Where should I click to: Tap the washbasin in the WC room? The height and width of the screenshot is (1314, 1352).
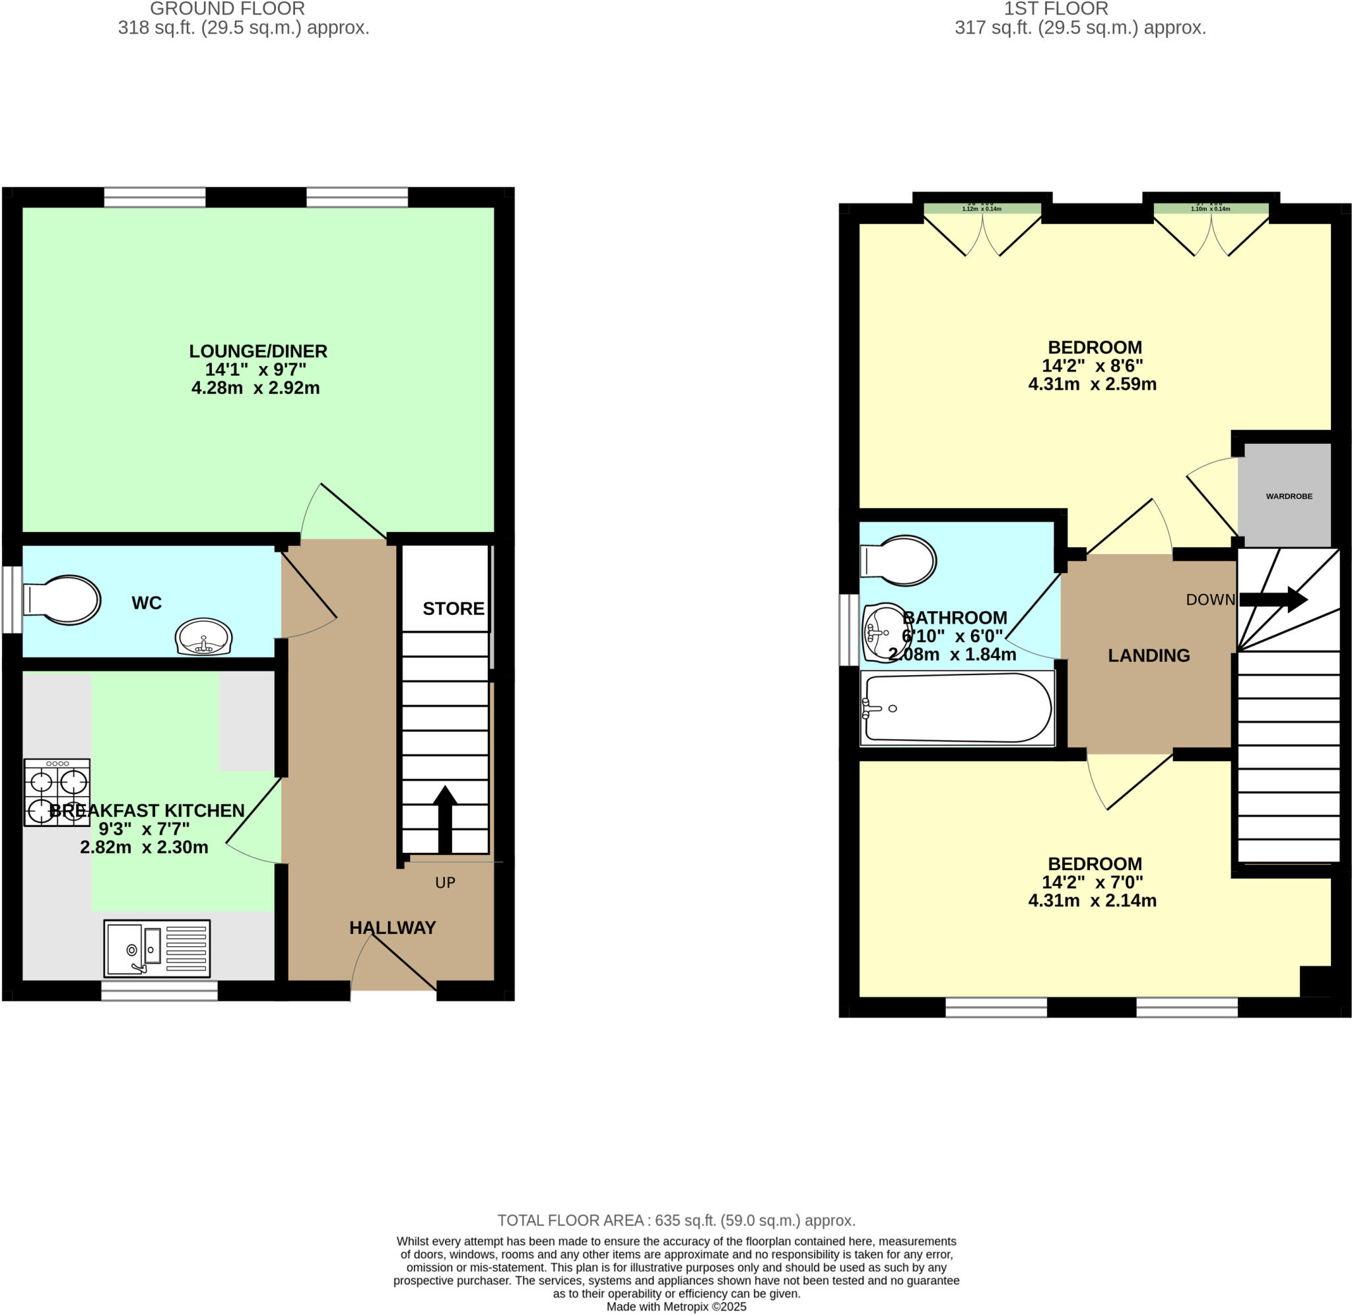pyautogui.click(x=203, y=636)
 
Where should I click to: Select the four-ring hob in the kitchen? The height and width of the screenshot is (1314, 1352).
pyautogui.click(x=57, y=792)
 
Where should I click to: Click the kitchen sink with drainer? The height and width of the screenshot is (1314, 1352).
pyautogui.click(x=156, y=949)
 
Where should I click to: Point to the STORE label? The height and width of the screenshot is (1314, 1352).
pyautogui.click(x=453, y=608)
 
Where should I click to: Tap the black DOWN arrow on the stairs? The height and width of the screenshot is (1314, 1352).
pyautogui.click(x=1273, y=599)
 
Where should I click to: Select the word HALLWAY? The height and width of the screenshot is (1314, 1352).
pyautogui.click(x=393, y=928)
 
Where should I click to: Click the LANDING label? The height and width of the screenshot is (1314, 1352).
pyautogui.click(x=1149, y=655)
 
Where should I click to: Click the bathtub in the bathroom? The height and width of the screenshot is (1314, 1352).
pyautogui.click(x=957, y=708)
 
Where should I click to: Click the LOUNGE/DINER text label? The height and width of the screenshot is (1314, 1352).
pyautogui.click(x=258, y=351)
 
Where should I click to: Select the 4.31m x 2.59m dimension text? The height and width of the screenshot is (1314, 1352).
pyautogui.click(x=1092, y=384)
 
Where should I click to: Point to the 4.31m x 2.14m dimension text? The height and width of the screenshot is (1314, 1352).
pyautogui.click(x=1092, y=900)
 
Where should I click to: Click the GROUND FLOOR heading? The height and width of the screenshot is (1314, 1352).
pyautogui.click(x=227, y=9)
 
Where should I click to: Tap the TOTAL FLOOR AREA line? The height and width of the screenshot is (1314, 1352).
pyautogui.click(x=676, y=1221)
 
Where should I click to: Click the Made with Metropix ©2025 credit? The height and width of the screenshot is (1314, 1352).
pyautogui.click(x=676, y=1307)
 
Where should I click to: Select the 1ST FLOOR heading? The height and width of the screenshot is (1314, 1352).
pyautogui.click(x=1056, y=9)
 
